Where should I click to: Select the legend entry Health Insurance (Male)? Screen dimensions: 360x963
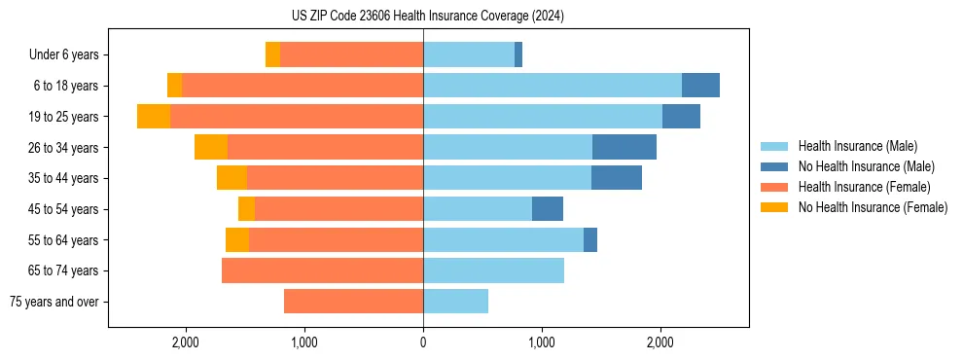tap(856, 146)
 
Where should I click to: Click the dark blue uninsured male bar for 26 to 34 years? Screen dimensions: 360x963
tap(624, 147)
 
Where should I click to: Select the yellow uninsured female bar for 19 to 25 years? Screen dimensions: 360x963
tap(154, 117)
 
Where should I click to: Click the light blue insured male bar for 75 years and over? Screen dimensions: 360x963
tap(455, 302)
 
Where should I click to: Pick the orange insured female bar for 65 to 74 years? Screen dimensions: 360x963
tap(322, 270)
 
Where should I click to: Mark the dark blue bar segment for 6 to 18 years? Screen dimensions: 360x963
tap(700, 86)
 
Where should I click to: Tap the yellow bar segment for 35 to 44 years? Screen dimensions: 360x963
tap(232, 178)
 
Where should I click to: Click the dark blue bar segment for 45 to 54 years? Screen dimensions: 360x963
tap(548, 209)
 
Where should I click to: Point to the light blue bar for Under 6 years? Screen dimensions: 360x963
tap(469, 55)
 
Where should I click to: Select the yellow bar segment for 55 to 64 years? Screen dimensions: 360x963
tap(237, 240)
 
